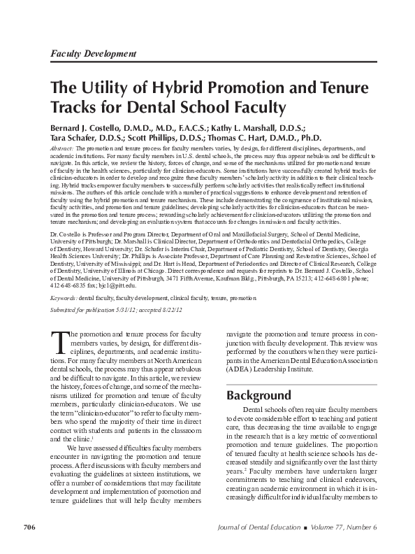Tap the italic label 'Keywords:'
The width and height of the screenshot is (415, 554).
[x=63, y=298]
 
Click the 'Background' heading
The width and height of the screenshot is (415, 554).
[x=259, y=395]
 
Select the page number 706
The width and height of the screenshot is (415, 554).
[x=30, y=526]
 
